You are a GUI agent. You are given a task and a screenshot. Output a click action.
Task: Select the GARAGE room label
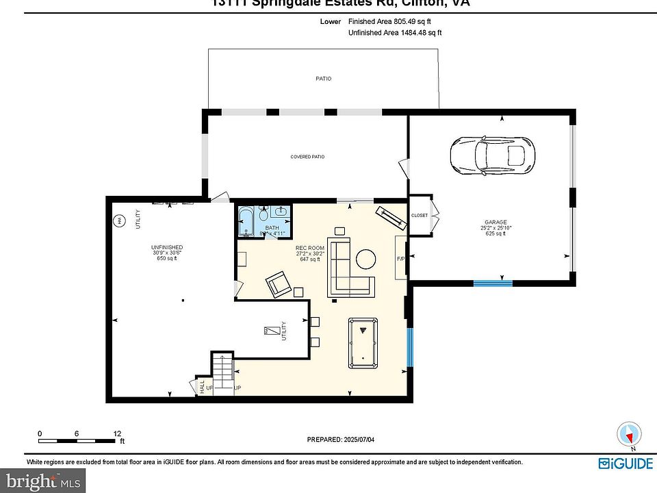coord(495,222)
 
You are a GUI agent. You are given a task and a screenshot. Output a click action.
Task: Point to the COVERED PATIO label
coord(307,157)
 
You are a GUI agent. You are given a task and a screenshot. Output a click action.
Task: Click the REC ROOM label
coord(309,248)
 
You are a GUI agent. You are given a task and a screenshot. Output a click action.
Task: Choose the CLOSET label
coord(419,216)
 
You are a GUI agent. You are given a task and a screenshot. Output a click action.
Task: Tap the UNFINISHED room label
coord(167,247)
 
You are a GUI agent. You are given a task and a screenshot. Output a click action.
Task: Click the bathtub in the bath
coord(246,223)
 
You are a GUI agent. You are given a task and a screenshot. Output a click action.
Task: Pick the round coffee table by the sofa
coord(365,259)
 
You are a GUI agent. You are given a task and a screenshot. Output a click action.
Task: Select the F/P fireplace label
coord(400,259)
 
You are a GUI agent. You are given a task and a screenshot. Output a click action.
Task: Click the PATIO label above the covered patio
coord(323,79)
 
